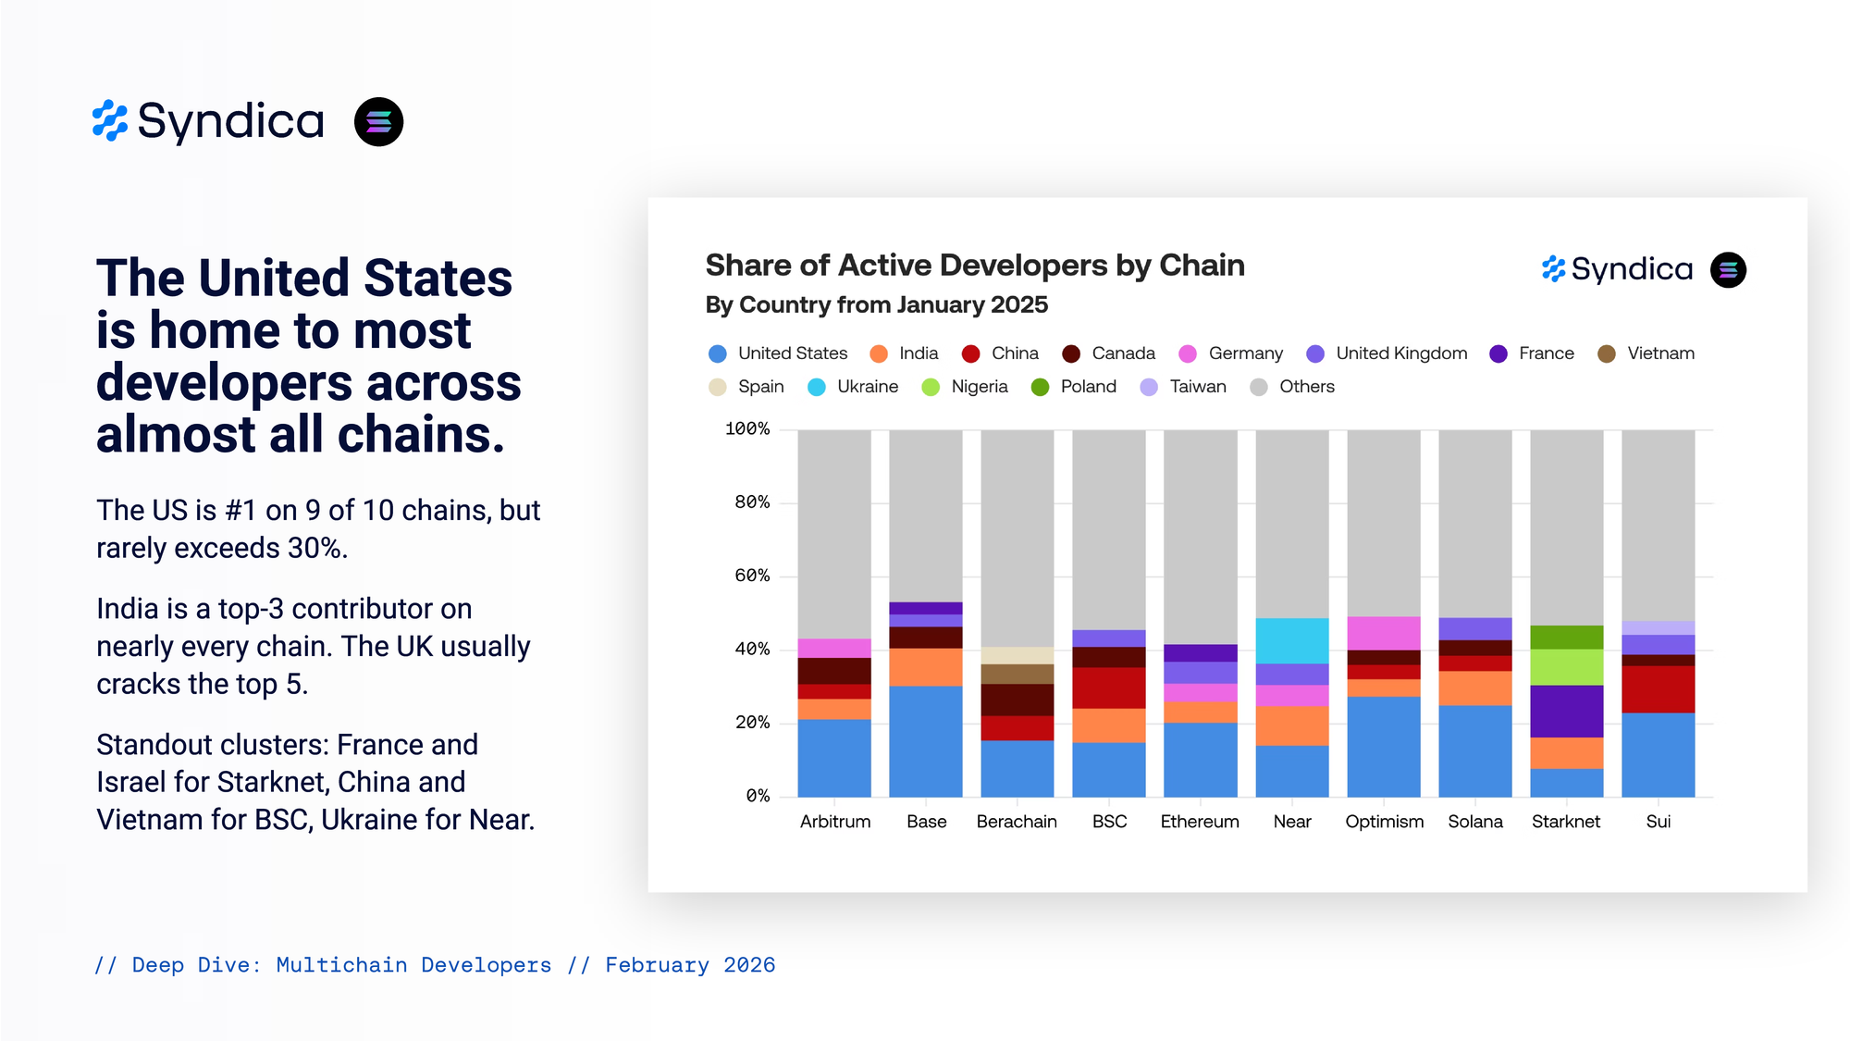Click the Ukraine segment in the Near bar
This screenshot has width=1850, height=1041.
(x=1291, y=640)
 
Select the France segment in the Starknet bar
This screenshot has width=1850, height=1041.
(x=1566, y=711)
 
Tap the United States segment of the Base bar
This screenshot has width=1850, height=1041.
(x=925, y=740)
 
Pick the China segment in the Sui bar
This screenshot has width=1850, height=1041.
(x=1658, y=689)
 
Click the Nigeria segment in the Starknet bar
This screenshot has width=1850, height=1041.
(x=1566, y=667)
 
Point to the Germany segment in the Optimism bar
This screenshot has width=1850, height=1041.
(x=1383, y=633)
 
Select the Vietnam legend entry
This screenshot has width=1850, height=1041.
(x=1647, y=353)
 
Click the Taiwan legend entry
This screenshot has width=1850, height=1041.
(x=1184, y=387)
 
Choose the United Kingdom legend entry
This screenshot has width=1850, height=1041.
(x=1387, y=353)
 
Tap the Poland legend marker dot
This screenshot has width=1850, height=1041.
(x=1041, y=387)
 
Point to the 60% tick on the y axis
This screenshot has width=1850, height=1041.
(x=752, y=576)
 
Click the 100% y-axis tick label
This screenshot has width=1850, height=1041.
(x=747, y=429)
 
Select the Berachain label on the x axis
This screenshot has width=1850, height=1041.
(x=1017, y=822)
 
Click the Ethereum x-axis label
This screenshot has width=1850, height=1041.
(x=1200, y=822)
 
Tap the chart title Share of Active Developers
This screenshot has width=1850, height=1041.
(x=975, y=266)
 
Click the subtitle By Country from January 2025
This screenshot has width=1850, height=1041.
(x=876, y=305)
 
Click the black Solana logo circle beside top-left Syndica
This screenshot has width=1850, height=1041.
(x=378, y=122)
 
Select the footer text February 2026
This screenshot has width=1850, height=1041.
(x=690, y=965)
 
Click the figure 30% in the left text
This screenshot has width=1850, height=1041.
(x=316, y=549)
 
